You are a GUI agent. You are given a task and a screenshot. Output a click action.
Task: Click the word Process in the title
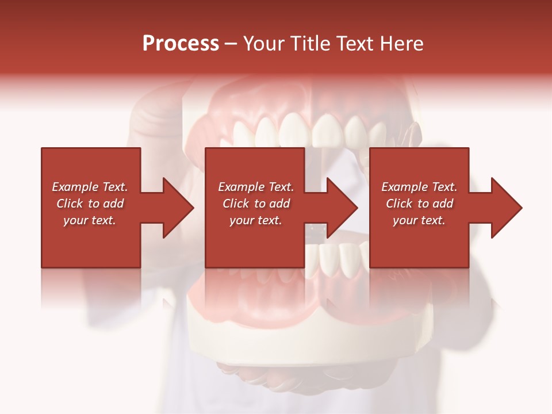[x=181, y=44]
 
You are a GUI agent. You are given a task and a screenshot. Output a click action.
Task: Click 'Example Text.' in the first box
[x=90, y=187]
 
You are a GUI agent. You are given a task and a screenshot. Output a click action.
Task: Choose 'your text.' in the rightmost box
[x=419, y=220]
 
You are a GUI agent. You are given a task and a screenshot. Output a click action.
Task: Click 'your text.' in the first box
[x=90, y=220]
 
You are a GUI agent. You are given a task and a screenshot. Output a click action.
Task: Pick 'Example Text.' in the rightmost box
[x=419, y=187]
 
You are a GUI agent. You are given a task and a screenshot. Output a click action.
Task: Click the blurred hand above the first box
[x=152, y=121]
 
